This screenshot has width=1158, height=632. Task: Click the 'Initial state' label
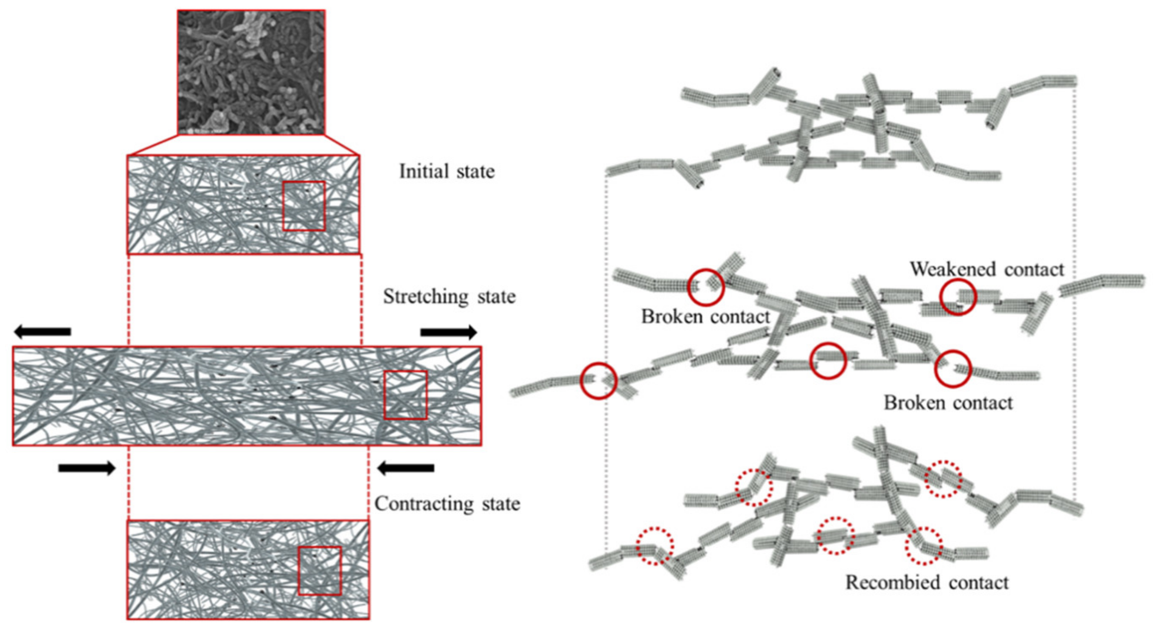click(447, 172)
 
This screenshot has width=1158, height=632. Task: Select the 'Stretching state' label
click(449, 297)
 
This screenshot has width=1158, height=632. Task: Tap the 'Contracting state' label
click(447, 504)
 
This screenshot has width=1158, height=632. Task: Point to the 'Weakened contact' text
click(987, 269)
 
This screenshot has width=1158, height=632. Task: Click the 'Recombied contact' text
click(927, 583)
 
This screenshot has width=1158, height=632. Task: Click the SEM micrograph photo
click(251, 72)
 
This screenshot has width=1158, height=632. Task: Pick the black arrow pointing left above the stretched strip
click(42, 332)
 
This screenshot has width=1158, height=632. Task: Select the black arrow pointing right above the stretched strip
click(448, 333)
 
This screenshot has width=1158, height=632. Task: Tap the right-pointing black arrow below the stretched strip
click(87, 468)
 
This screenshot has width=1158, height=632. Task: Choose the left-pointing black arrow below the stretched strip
click(405, 468)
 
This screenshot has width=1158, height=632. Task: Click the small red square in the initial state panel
click(304, 206)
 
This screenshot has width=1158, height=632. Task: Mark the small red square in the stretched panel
click(405, 395)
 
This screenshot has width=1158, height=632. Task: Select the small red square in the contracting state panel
click(320, 571)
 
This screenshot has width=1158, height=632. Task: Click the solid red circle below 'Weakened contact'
click(958, 296)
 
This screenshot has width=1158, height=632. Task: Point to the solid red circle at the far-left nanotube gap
click(597, 381)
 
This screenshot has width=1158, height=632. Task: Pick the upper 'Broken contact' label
click(705, 317)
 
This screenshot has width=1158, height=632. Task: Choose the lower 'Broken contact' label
click(948, 403)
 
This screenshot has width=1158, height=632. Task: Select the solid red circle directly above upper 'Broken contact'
click(706, 287)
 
